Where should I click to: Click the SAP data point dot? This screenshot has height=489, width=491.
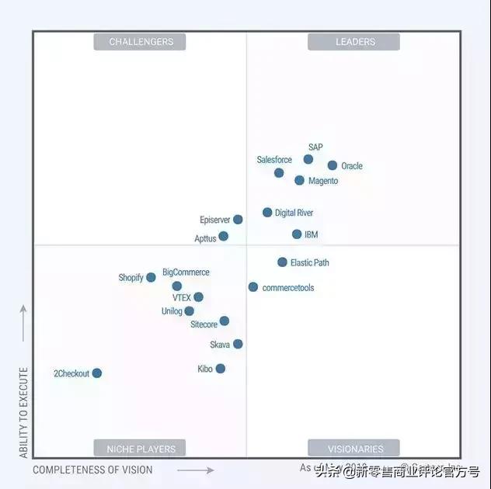(x=308, y=159)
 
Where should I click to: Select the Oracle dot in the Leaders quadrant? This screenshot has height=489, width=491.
(x=333, y=165)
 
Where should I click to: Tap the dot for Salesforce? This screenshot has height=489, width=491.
(x=279, y=172)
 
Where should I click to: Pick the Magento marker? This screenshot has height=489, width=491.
(x=299, y=180)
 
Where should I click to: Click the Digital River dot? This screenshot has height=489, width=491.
(x=267, y=212)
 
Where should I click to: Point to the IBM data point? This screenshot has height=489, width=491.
(x=297, y=234)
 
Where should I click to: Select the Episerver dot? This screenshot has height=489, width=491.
(x=238, y=220)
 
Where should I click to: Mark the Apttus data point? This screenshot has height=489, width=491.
(x=224, y=236)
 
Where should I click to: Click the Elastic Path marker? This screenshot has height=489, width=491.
(x=282, y=262)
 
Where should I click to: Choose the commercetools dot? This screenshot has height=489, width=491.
(x=253, y=287)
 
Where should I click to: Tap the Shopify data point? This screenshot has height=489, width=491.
(x=151, y=277)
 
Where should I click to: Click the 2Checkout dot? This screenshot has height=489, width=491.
(x=97, y=373)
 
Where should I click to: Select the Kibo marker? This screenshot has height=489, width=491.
(x=221, y=369)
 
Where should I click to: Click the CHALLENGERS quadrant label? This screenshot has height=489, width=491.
(x=141, y=42)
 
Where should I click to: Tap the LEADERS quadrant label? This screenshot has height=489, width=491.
(x=354, y=42)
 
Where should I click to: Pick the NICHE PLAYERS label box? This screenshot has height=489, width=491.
(x=141, y=449)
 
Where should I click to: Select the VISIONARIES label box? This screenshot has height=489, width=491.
(x=354, y=449)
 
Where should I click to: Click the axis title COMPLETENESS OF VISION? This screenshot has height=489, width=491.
(x=92, y=470)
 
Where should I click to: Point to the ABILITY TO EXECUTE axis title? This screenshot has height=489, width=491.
(x=24, y=403)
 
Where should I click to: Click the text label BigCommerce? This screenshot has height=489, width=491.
(x=186, y=272)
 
